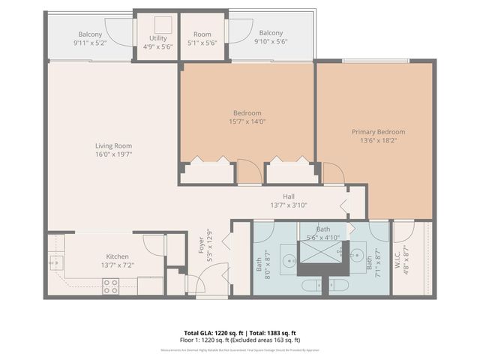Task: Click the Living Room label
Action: pos(113,145)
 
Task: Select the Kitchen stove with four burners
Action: pos(110,286)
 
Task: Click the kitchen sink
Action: pos(55,262)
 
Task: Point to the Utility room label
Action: pos(157,37)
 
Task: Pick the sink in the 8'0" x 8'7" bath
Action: pos(289,262)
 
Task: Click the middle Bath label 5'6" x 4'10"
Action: pos(323,233)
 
